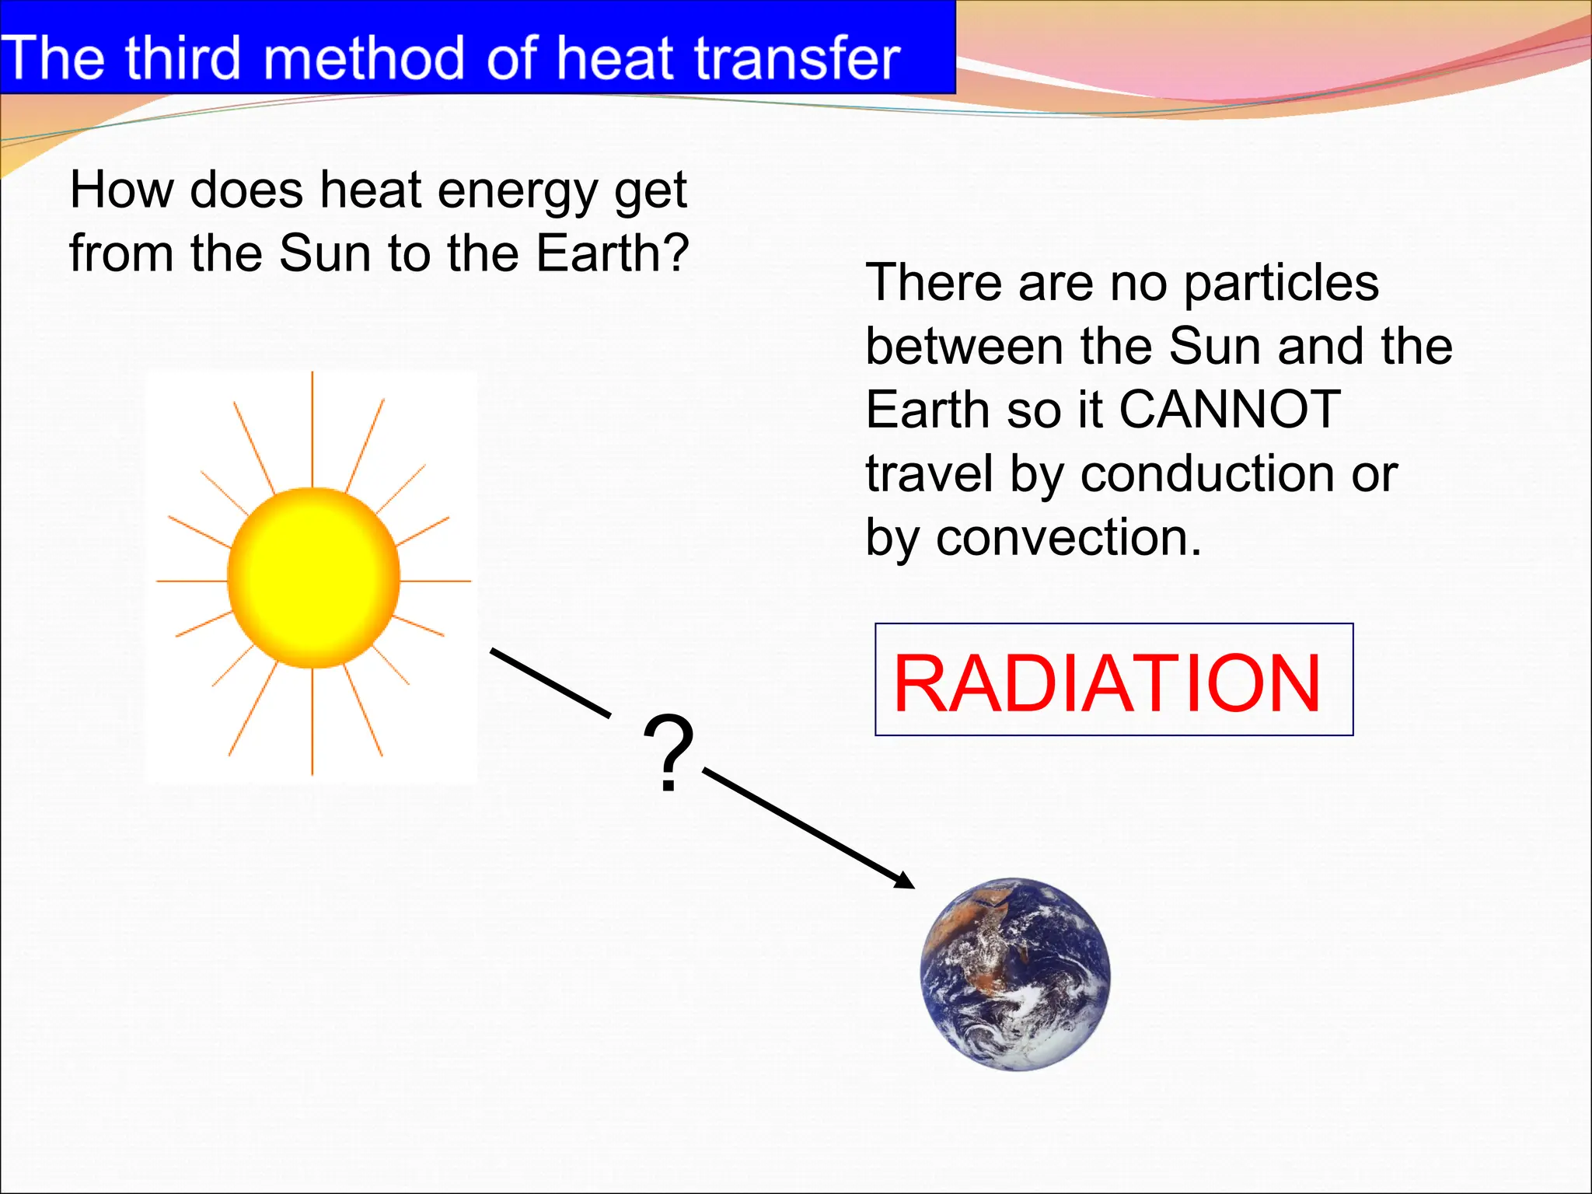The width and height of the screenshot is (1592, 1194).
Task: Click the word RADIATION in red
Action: pyautogui.click(x=1107, y=683)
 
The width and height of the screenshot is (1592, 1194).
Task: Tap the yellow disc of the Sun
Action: pyautogui.click(x=313, y=578)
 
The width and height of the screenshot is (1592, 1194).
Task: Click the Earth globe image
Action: pyautogui.click(x=1014, y=975)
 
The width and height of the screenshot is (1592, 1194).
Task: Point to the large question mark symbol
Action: pyautogui.click(x=668, y=752)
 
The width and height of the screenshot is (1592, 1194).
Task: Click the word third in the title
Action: pyautogui.click(x=183, y=58)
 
